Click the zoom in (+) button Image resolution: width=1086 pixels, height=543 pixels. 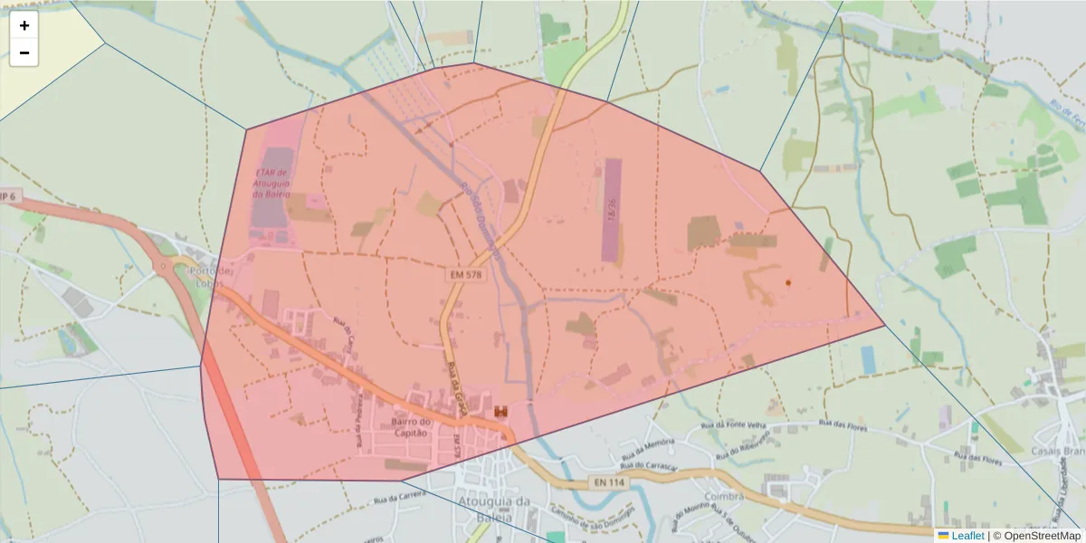[24, 25]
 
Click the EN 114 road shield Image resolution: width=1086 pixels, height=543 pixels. [610, 482]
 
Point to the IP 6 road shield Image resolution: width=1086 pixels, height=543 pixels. [8, 196]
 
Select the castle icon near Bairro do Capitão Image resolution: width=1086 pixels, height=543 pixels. [500, 412]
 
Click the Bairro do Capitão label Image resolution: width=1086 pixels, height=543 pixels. [414, 427]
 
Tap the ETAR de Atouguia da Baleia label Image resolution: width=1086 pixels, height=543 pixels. [271, 183]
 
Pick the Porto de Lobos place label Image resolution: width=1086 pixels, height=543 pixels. [214, 277]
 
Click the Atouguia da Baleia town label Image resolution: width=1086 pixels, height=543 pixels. [494, 509]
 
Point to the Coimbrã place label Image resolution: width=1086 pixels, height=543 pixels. [725, 497]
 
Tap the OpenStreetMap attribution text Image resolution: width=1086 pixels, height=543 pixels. [1040, 536]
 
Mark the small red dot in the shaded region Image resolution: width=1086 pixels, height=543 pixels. [788, 283]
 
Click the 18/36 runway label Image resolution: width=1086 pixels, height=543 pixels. [613, 210]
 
